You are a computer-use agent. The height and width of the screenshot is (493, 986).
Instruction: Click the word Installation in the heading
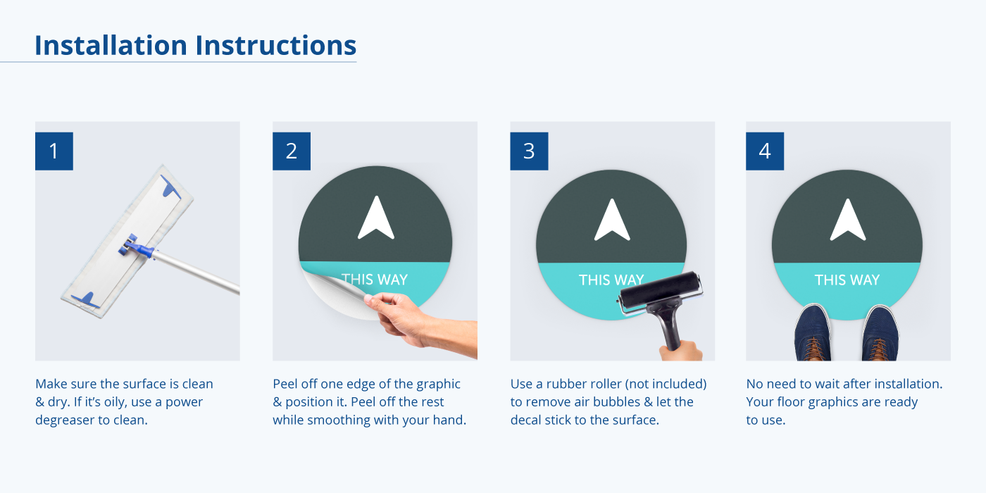[x=111, y=45]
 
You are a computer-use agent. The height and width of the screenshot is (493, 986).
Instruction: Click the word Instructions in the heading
[x=275, y=45]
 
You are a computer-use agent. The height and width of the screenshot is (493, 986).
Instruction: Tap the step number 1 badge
[x=54, y=151]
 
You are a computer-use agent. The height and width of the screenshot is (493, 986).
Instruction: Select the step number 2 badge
[x=292, y=151]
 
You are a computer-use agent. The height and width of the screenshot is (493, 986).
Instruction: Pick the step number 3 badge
[x=529, y=151]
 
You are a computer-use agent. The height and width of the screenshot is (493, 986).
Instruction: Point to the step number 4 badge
[x=765, y=151]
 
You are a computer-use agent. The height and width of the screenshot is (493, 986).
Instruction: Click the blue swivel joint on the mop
[x=137, y=247]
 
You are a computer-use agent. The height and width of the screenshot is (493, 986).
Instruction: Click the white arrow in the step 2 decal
[x=376, y=218]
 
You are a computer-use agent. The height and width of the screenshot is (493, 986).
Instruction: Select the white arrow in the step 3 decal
[x=612, y=220]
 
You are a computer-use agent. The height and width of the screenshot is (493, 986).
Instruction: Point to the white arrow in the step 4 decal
[x=848, y=220]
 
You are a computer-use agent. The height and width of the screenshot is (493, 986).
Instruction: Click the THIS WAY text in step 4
[x=847, y=280]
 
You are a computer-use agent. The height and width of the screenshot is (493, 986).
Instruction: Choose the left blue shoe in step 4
[x=813, y=332]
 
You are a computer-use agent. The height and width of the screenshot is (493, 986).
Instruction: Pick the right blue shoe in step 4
[x=880, y=333]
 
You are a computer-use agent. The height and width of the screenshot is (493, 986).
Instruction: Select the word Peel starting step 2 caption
[x=286, y=384]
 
